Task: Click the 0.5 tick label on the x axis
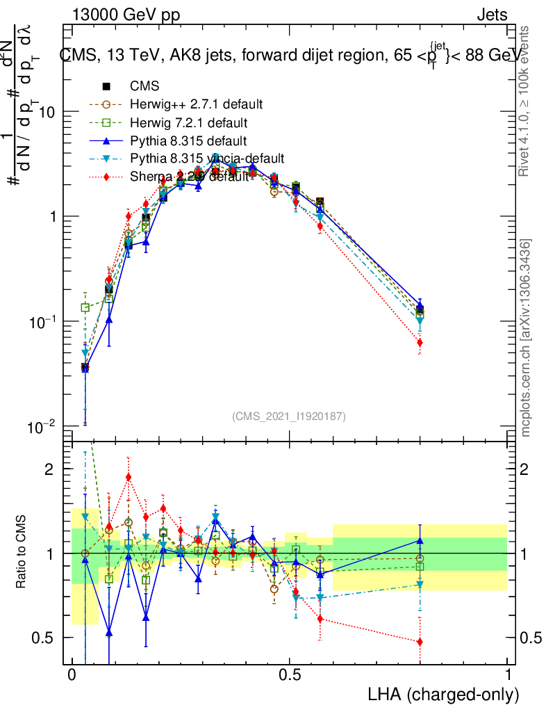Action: tap(290, 675)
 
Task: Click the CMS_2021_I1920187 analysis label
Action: tap(289, 416)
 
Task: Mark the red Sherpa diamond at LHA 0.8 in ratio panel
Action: tap(420, 642)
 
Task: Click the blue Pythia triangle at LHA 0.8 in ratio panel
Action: tap(420, 540)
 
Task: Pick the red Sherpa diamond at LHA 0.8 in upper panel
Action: tap(420, 342)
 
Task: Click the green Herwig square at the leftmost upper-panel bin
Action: tap(85, 307)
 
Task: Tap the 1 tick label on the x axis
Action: tap(508, 675)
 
